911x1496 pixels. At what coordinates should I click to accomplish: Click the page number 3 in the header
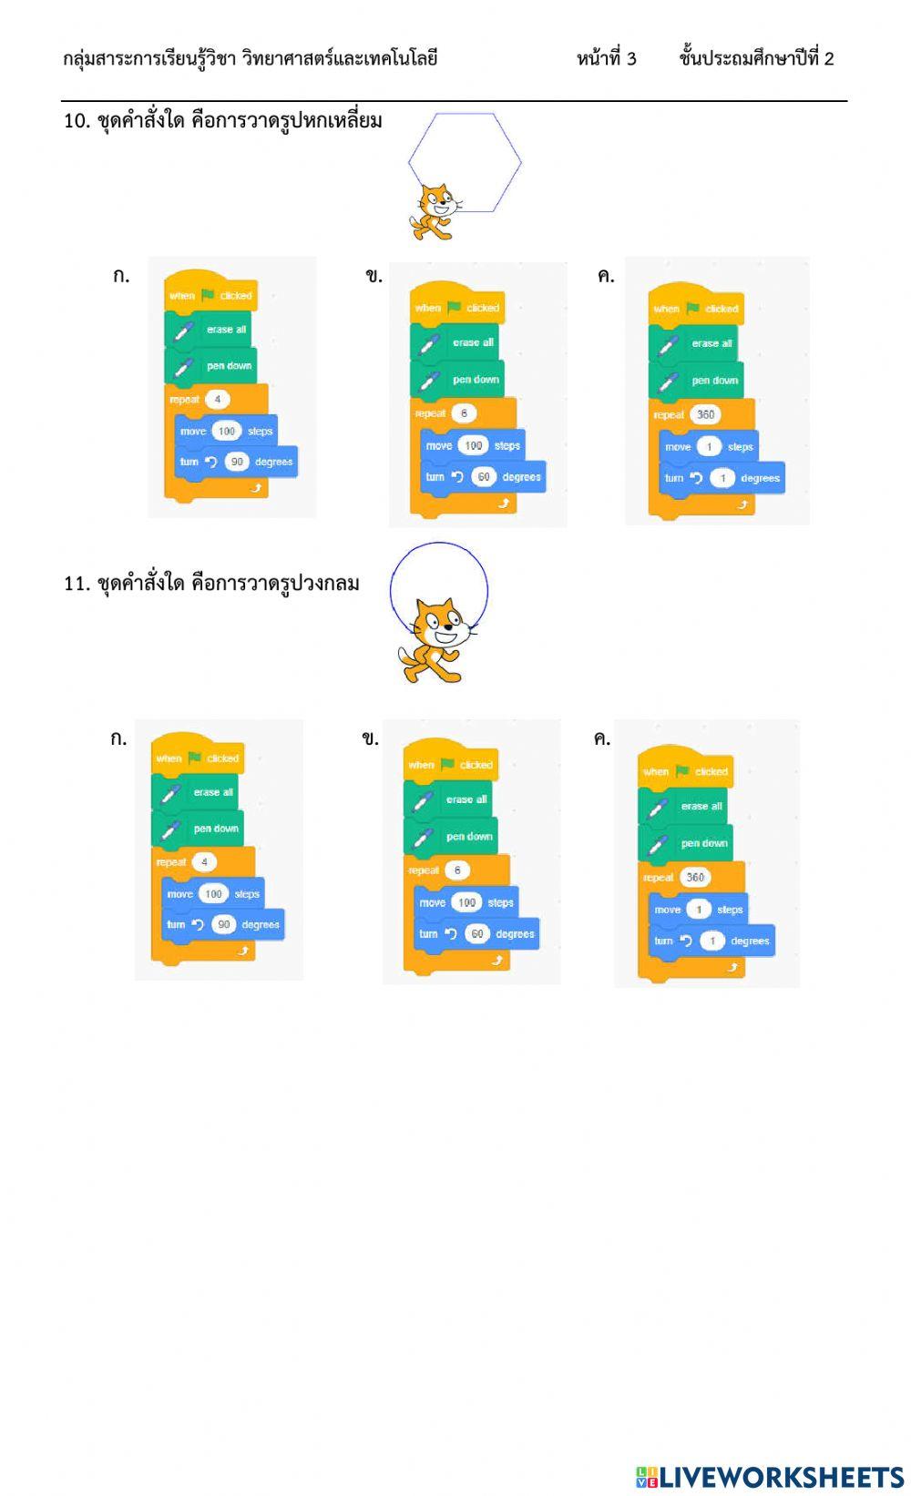(x=631, y=59)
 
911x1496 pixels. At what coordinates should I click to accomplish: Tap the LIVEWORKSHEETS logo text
(x=769, y=1476)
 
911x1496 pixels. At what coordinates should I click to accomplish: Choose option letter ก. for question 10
(x=121, y=276)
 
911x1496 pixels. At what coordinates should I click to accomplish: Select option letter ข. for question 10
(x=374, y=276)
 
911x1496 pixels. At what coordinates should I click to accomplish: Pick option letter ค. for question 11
(x=601, y=738)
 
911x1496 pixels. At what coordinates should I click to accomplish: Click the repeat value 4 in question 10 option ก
(x=218, y=399)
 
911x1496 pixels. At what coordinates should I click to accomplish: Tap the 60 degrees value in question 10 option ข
(x=484, y=477)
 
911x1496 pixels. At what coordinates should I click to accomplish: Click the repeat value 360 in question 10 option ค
(x=705, y=414)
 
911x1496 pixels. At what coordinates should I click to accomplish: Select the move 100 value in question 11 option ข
(x=466, y=902)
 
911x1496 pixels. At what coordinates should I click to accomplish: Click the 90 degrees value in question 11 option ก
(x=223, y=924)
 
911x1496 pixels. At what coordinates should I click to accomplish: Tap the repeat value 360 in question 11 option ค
(x=695, y=877)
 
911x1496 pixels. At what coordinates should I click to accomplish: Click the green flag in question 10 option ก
(x=209, y=295)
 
